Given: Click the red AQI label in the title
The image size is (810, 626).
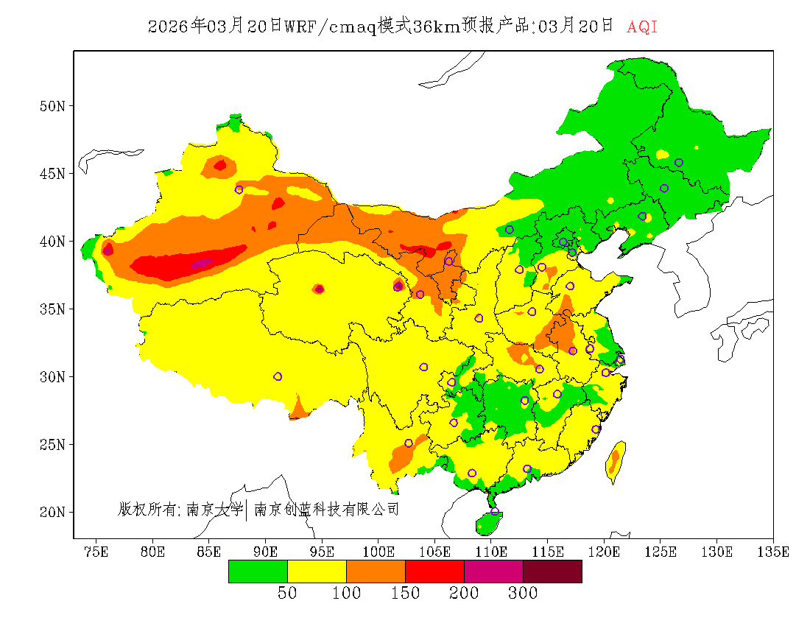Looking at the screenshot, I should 642,27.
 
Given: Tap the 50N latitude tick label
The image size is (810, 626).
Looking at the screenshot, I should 52,106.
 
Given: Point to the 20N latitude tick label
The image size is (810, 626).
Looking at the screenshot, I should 52,512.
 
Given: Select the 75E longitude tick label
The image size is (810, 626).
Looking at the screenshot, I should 96,552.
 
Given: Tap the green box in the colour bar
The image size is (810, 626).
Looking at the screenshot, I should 258,572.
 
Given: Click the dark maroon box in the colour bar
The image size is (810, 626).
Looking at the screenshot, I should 552,572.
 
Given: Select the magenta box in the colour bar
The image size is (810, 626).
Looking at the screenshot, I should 493,572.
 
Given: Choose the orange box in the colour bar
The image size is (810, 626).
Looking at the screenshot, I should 376,572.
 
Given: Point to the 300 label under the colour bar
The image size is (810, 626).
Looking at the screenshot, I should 523,594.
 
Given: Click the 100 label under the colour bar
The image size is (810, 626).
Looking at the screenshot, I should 346,594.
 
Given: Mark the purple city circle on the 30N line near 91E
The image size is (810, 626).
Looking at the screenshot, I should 278,376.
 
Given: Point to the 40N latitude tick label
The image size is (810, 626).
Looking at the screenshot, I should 52,242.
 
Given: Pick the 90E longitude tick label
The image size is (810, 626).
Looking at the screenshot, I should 266,552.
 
